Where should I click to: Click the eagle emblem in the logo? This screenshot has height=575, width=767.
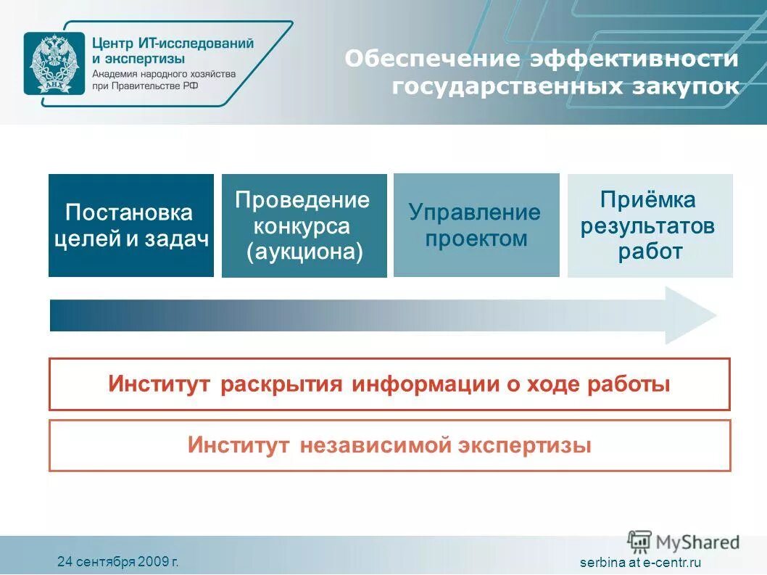(x=48, y=64)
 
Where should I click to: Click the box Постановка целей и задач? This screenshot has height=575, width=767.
(x=131, y=226)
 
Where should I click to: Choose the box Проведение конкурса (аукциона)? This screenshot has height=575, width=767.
(x=304, y=226)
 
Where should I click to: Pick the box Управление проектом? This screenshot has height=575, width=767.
(x=476, y=226)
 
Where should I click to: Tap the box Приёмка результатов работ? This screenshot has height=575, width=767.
(x=650, y=226)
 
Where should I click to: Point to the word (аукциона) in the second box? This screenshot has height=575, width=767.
(x=304, y=252)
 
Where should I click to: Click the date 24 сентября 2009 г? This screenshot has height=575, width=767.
(x=117, y=561)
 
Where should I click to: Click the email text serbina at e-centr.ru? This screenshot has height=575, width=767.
(x=641, y=563)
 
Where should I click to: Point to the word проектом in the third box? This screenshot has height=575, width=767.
(x=476, y=239)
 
